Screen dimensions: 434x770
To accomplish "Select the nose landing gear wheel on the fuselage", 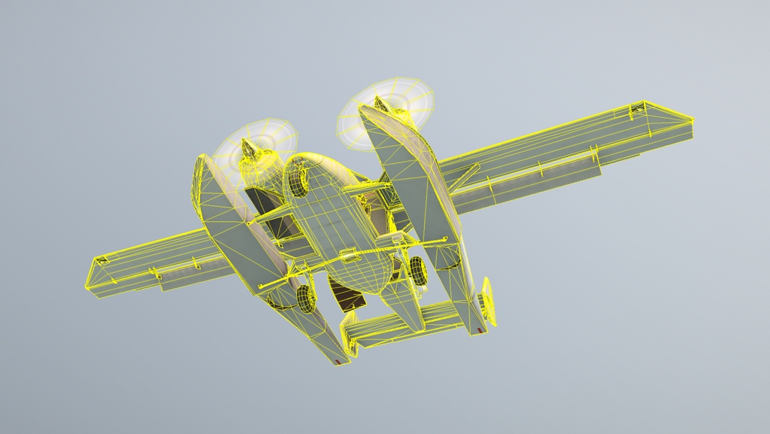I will click(x=299, y=181).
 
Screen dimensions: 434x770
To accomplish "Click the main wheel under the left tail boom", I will click(x=304, y=297).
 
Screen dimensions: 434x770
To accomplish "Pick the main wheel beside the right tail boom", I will click(x=417, y=270).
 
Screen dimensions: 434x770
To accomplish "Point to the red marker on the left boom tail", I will click(x=338, y=363).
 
